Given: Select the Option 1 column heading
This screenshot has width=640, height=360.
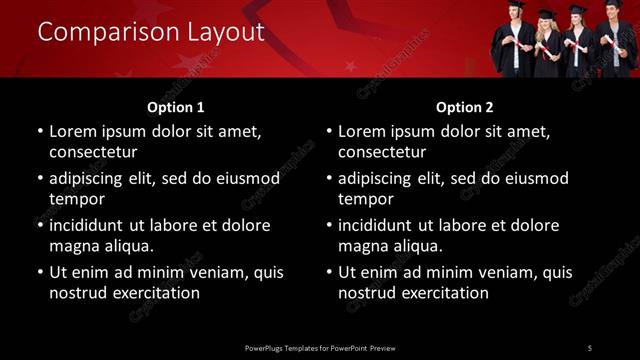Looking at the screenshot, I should pos(176,107).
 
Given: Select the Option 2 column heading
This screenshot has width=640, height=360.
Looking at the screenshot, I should pos(465,107).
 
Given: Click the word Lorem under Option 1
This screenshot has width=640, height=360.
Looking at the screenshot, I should pos(74,131).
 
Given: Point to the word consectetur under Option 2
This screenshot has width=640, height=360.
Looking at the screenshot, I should pos(382,152).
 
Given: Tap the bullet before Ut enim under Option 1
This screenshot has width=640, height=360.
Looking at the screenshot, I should pos(40,272).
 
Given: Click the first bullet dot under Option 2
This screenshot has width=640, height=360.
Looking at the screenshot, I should pos(329,131).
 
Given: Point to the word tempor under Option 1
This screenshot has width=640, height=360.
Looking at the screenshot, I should pos(77,199).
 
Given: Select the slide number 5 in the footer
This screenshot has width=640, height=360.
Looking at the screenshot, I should pos(589,347).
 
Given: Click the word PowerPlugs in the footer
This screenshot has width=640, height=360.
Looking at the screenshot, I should pos(266,347).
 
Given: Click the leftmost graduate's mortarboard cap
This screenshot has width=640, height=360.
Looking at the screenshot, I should pos(516,5).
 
